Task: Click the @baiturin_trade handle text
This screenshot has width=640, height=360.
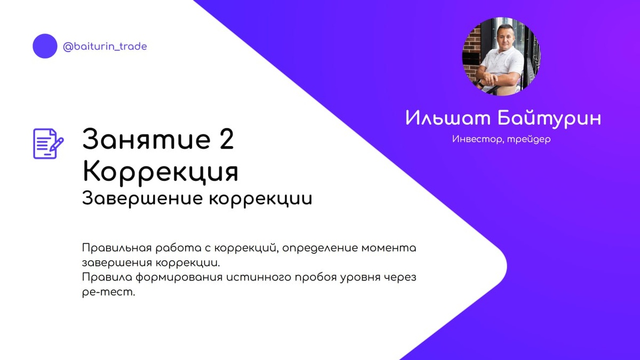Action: [x=105, y=46]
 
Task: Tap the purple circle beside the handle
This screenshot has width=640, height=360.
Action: [x=45, y=46]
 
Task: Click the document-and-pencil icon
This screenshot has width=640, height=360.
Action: [x=48, y=143]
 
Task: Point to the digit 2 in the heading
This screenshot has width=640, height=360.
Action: [x=226, y=140]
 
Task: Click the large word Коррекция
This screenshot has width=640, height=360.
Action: [x=160, y=171]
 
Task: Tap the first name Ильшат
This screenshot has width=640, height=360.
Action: [x=447, y=118]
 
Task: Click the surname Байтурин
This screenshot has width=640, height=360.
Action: [x=549, y=118]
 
